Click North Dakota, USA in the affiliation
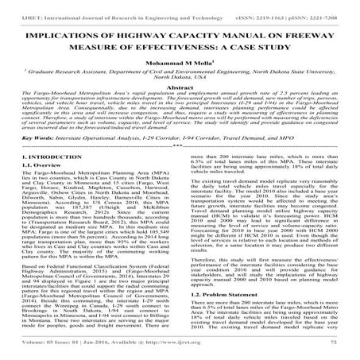coord(180,90)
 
